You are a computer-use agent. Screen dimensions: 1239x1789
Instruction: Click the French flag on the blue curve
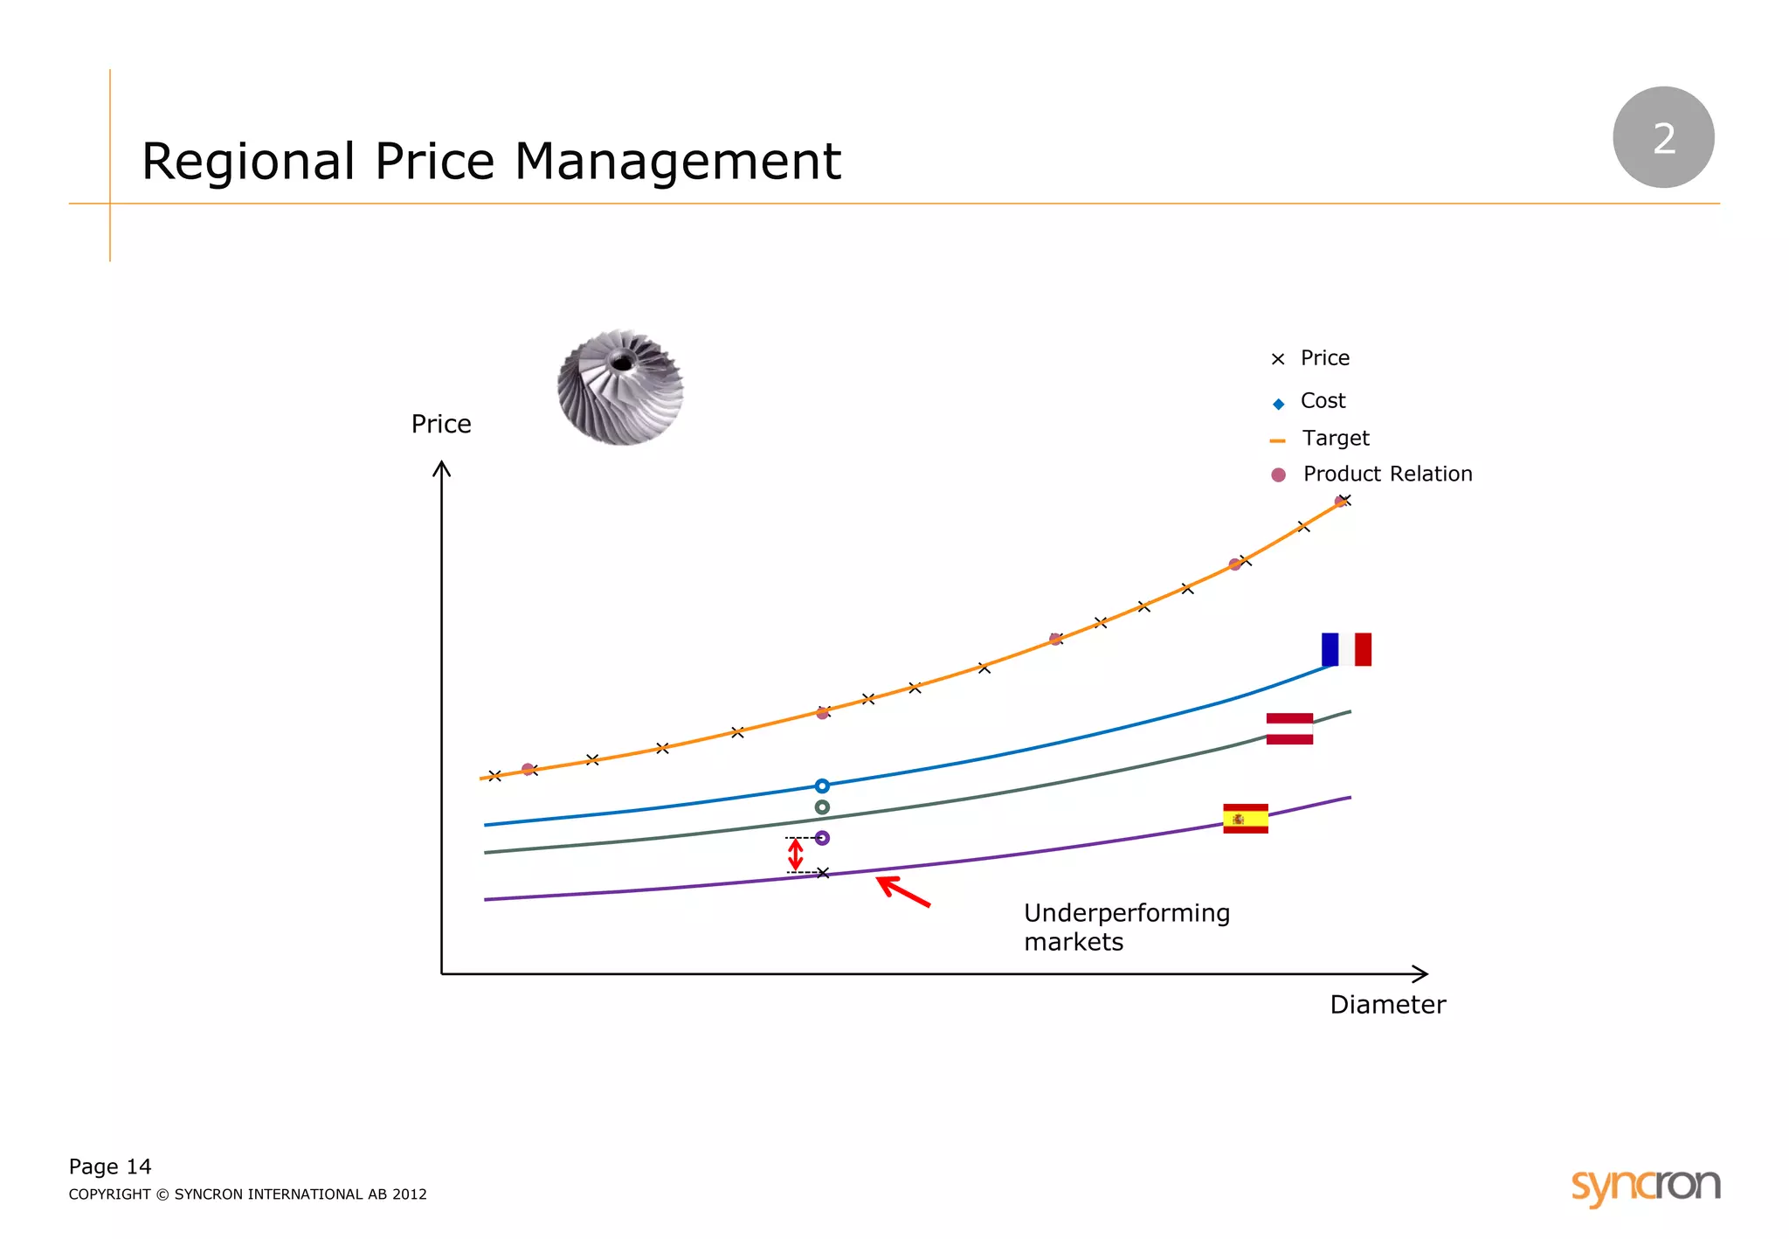1346,649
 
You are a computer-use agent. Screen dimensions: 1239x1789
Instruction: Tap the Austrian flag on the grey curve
1289,729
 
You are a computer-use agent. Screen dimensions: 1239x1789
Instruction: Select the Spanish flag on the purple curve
1245,819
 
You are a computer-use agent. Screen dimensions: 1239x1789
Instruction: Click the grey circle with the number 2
1663,137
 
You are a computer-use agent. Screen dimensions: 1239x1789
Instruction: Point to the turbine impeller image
620,387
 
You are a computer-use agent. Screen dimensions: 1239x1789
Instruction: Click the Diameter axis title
1387,1005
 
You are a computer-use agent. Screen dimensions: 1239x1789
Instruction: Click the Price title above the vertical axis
441,424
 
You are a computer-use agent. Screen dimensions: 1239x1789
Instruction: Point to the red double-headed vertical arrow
795,855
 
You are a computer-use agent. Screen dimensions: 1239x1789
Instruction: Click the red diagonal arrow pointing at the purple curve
904,892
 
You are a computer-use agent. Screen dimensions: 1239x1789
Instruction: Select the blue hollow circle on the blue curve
822,786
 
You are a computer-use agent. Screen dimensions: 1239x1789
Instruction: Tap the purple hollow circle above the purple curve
822,838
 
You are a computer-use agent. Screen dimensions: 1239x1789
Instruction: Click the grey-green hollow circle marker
822,807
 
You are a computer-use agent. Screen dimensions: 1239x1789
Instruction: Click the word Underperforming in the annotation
1127,913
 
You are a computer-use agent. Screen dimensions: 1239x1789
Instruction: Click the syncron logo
1645,1186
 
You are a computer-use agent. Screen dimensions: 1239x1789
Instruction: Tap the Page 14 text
110,1166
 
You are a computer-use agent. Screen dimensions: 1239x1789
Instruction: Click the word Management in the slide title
677,162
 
